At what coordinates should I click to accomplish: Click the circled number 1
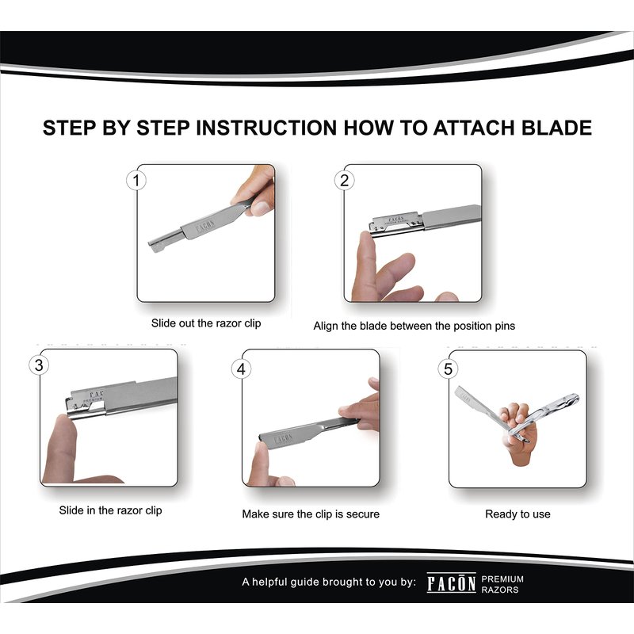pos(136,181)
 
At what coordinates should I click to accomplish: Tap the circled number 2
pos(344,181)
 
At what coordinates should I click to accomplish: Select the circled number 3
pos(38,365)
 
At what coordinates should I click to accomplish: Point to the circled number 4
pos(241,369)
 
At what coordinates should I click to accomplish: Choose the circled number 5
pos(448,369)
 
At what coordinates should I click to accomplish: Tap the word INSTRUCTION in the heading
pos(266,128)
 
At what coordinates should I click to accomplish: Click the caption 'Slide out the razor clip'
pos(206,323)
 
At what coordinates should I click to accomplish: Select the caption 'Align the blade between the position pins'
pos(414,326)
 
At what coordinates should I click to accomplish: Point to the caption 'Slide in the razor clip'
pos(110,510)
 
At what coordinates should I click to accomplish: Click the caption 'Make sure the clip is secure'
pos(311,514)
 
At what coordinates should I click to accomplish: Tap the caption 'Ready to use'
pos(518,514)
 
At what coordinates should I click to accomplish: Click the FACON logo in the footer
pos(451,582)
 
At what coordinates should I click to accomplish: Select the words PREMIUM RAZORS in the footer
pos(502,584)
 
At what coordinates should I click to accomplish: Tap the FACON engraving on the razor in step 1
pos(205,227)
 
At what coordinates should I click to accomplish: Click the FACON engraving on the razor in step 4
pos(283,439)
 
